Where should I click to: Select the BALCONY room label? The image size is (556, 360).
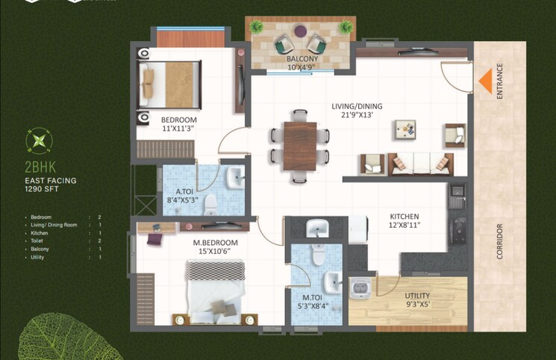pyautogui.click(x=302, y=58)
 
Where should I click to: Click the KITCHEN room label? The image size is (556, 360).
pyautogui.click(x=404, y=217)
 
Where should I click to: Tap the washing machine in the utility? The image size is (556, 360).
pyautogui.click(x=361, y=287)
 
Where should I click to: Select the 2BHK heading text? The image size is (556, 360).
pyautogui.click(x=39, y=168)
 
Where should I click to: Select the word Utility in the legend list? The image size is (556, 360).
pyautogui.click(x=38, y=258)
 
